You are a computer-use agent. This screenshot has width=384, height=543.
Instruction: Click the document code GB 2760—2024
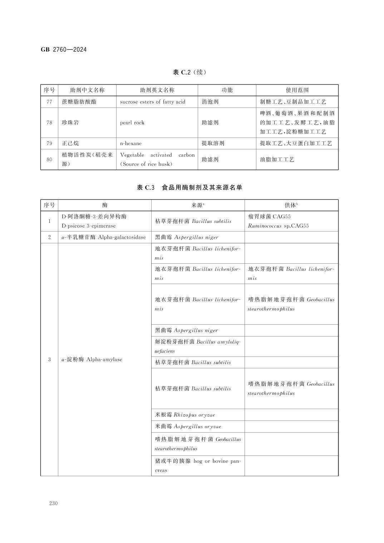pyautogui.click(x=64, y=50)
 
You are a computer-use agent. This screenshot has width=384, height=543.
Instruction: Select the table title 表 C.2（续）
pyautogui.click(x=189, y=73)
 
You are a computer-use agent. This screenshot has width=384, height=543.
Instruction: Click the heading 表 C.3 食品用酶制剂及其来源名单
pyautogui.click(x=189, y=188)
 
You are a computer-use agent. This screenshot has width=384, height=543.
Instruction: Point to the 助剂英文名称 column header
pyautogui.click(x=157, y=90)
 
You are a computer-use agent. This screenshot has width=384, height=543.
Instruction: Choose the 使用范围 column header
pyautogui.click(x=297, y=90)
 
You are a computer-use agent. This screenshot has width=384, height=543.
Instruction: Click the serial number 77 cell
pyautogui.click(x=49, y=102)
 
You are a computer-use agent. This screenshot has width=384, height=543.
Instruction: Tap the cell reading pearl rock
pyautogui.click(x=132, y=123)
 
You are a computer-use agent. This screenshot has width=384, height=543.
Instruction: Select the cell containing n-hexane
pyautogui.click(x=131, y=143)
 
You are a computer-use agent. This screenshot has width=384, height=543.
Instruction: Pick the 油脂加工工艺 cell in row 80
pyautogui.click(x=277, y=159)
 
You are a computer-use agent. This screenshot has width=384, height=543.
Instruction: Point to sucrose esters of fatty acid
pyautogui.click(x=153, y=102)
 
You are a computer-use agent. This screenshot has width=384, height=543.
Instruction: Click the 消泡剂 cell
pyautogui.click(x=210, y=102)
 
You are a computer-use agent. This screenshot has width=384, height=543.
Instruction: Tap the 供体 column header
pyautogui.click(x=291, y=205)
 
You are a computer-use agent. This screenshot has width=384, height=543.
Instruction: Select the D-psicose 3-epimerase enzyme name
pyautogui.click(x=89, y=226)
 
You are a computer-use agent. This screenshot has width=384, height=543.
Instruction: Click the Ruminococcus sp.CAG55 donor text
pyautogui.click(x=278, y=226)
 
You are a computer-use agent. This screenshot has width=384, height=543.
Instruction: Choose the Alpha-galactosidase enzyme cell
pyautogui.click(x=104, y=237)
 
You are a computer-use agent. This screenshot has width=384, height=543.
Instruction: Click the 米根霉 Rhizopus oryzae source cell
pyautogui.click(x=185, y=415)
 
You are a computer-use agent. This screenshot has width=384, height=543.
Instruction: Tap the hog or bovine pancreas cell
pyautogui.click(x=198, y=465)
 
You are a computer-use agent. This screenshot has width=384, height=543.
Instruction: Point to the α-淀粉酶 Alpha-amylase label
pyautogui.click(x=92, y=359)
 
